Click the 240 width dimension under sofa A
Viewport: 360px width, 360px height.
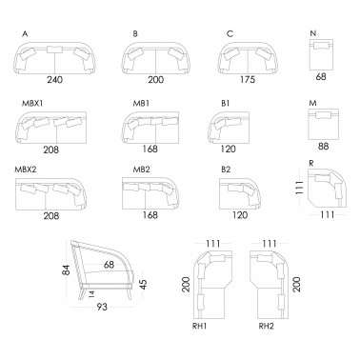[55, 79]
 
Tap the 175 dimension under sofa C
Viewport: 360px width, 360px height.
[248, 79]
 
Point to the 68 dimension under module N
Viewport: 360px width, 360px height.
[321, 76]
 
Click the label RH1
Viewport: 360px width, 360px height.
[199, 326]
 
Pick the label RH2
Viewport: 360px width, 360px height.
[266, 326]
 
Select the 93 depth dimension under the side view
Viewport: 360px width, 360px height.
[102, 307]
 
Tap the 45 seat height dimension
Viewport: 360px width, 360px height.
[144, 284]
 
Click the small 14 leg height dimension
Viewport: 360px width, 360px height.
[91, 293]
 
